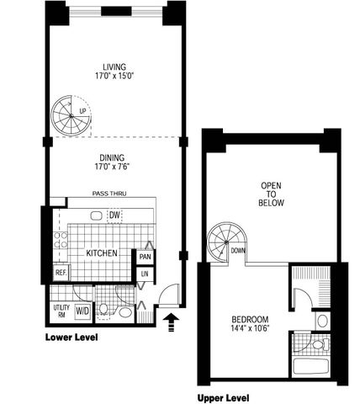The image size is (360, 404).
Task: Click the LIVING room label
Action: tap(114, 67)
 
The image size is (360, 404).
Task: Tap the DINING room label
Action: tap(112, 157)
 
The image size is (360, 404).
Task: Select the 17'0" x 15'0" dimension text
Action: tap(114, 77)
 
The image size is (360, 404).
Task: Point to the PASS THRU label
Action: tap(109, 194)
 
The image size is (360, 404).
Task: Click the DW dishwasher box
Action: tap(115, 215)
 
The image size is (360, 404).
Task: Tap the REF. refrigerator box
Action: tap(61, 273)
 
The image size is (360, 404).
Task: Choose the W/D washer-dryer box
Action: tap(82, 311)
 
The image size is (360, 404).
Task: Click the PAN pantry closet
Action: tap(145, 257)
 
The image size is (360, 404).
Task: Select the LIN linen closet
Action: tap(145, 274)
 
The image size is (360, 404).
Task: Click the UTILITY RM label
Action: tap(61, 311)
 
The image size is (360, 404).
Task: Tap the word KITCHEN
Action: tap(102, 253)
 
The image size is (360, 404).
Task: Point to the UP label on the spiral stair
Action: tap(82, 111)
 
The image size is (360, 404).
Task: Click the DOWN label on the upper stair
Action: tap(238, 251)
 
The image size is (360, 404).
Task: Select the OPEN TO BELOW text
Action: tap(271, 194)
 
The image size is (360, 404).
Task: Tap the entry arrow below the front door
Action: tap(171, 322)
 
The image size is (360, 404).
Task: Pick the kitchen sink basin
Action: tap(97, 215)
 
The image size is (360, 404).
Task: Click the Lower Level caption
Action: tap(71, 337)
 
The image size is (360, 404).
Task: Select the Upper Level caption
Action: tap(224, 398)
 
